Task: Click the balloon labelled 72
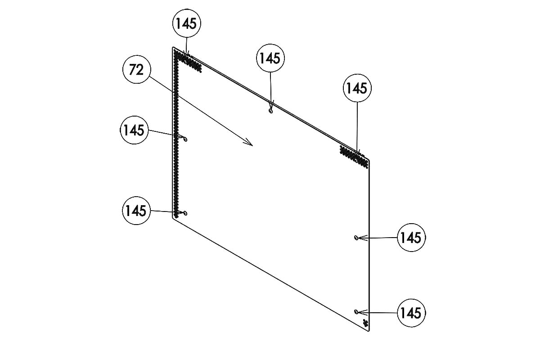(x=137, y=69)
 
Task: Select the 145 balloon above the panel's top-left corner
(x=187, y=23)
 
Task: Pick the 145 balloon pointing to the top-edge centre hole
(x=270, y=58)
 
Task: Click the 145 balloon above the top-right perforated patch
(x=357, y=88)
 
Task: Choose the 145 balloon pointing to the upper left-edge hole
(x=134, y=130)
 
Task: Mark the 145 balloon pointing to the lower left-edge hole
(x=136, y=211)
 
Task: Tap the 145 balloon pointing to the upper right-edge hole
(x=411, y=238)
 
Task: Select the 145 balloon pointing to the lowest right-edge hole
(x=411, y=313)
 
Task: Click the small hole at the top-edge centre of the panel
(x=271, y=111)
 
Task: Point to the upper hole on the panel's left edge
(x=185, y=139)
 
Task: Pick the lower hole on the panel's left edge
(x=185, y=213)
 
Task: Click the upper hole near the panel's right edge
(x=356, y=238)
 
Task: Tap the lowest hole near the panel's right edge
(x=356, y=312)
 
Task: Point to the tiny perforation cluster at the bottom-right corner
(x=365, y=323)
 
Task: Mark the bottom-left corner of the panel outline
(x=173, y=217)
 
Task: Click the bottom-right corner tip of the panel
(x=369, y=331)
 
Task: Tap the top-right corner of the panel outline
(x=369, y=160)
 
